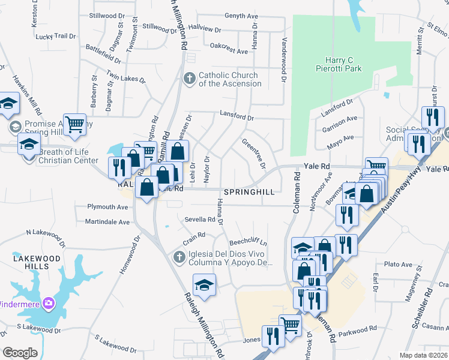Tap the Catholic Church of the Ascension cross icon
[190, 79]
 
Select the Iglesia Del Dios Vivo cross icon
[178, 257]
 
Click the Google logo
[20, 353]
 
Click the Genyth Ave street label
[245, 16]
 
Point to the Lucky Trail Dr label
[56, 37]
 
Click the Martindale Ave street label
[107, 222]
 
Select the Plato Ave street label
[399, 264]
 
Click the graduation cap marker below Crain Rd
[204, 284]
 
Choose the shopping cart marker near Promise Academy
[74, 125]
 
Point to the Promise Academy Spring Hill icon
[15, 127]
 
